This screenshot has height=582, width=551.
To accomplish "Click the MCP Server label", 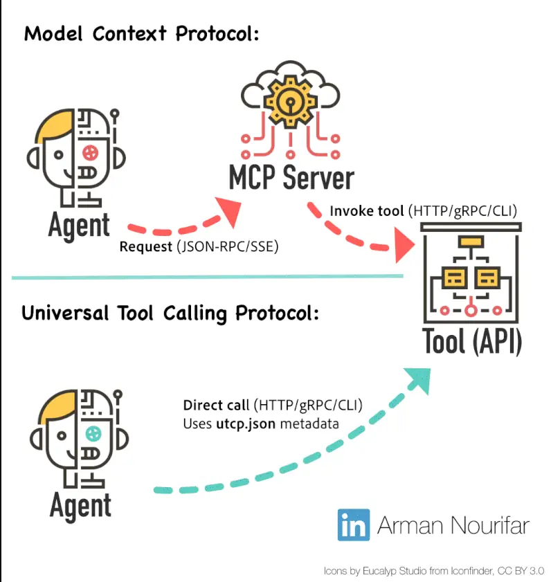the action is tap(291, 178).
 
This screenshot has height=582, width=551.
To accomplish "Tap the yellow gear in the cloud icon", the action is tap(290, 101).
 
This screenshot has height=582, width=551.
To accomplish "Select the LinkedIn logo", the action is tap(354, 525).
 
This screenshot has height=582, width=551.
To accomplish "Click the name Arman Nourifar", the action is tap(453, 525).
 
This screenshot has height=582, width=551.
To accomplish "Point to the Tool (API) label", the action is tap(472, 340).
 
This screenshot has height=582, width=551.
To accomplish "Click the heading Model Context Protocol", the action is tap(141, 34).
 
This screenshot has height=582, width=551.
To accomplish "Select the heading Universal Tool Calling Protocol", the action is tap(170, 313).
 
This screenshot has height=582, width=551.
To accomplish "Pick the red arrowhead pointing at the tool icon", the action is tap(404, 245).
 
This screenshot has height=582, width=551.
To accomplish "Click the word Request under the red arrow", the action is tap(146, 247).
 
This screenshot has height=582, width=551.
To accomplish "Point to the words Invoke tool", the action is tap(366, 211).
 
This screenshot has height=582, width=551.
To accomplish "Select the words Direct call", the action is tap(216, 405).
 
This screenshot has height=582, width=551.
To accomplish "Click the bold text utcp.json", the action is tap(246, 424).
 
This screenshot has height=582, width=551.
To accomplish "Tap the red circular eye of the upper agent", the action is tap(90, 152).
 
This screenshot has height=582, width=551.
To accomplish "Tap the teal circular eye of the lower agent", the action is tap(93, 433).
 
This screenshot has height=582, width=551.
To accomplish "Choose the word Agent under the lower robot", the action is tap(80, 506).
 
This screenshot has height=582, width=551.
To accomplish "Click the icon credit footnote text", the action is tap(434, 571).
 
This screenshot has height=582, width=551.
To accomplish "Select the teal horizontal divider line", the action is tap(208, 277).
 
